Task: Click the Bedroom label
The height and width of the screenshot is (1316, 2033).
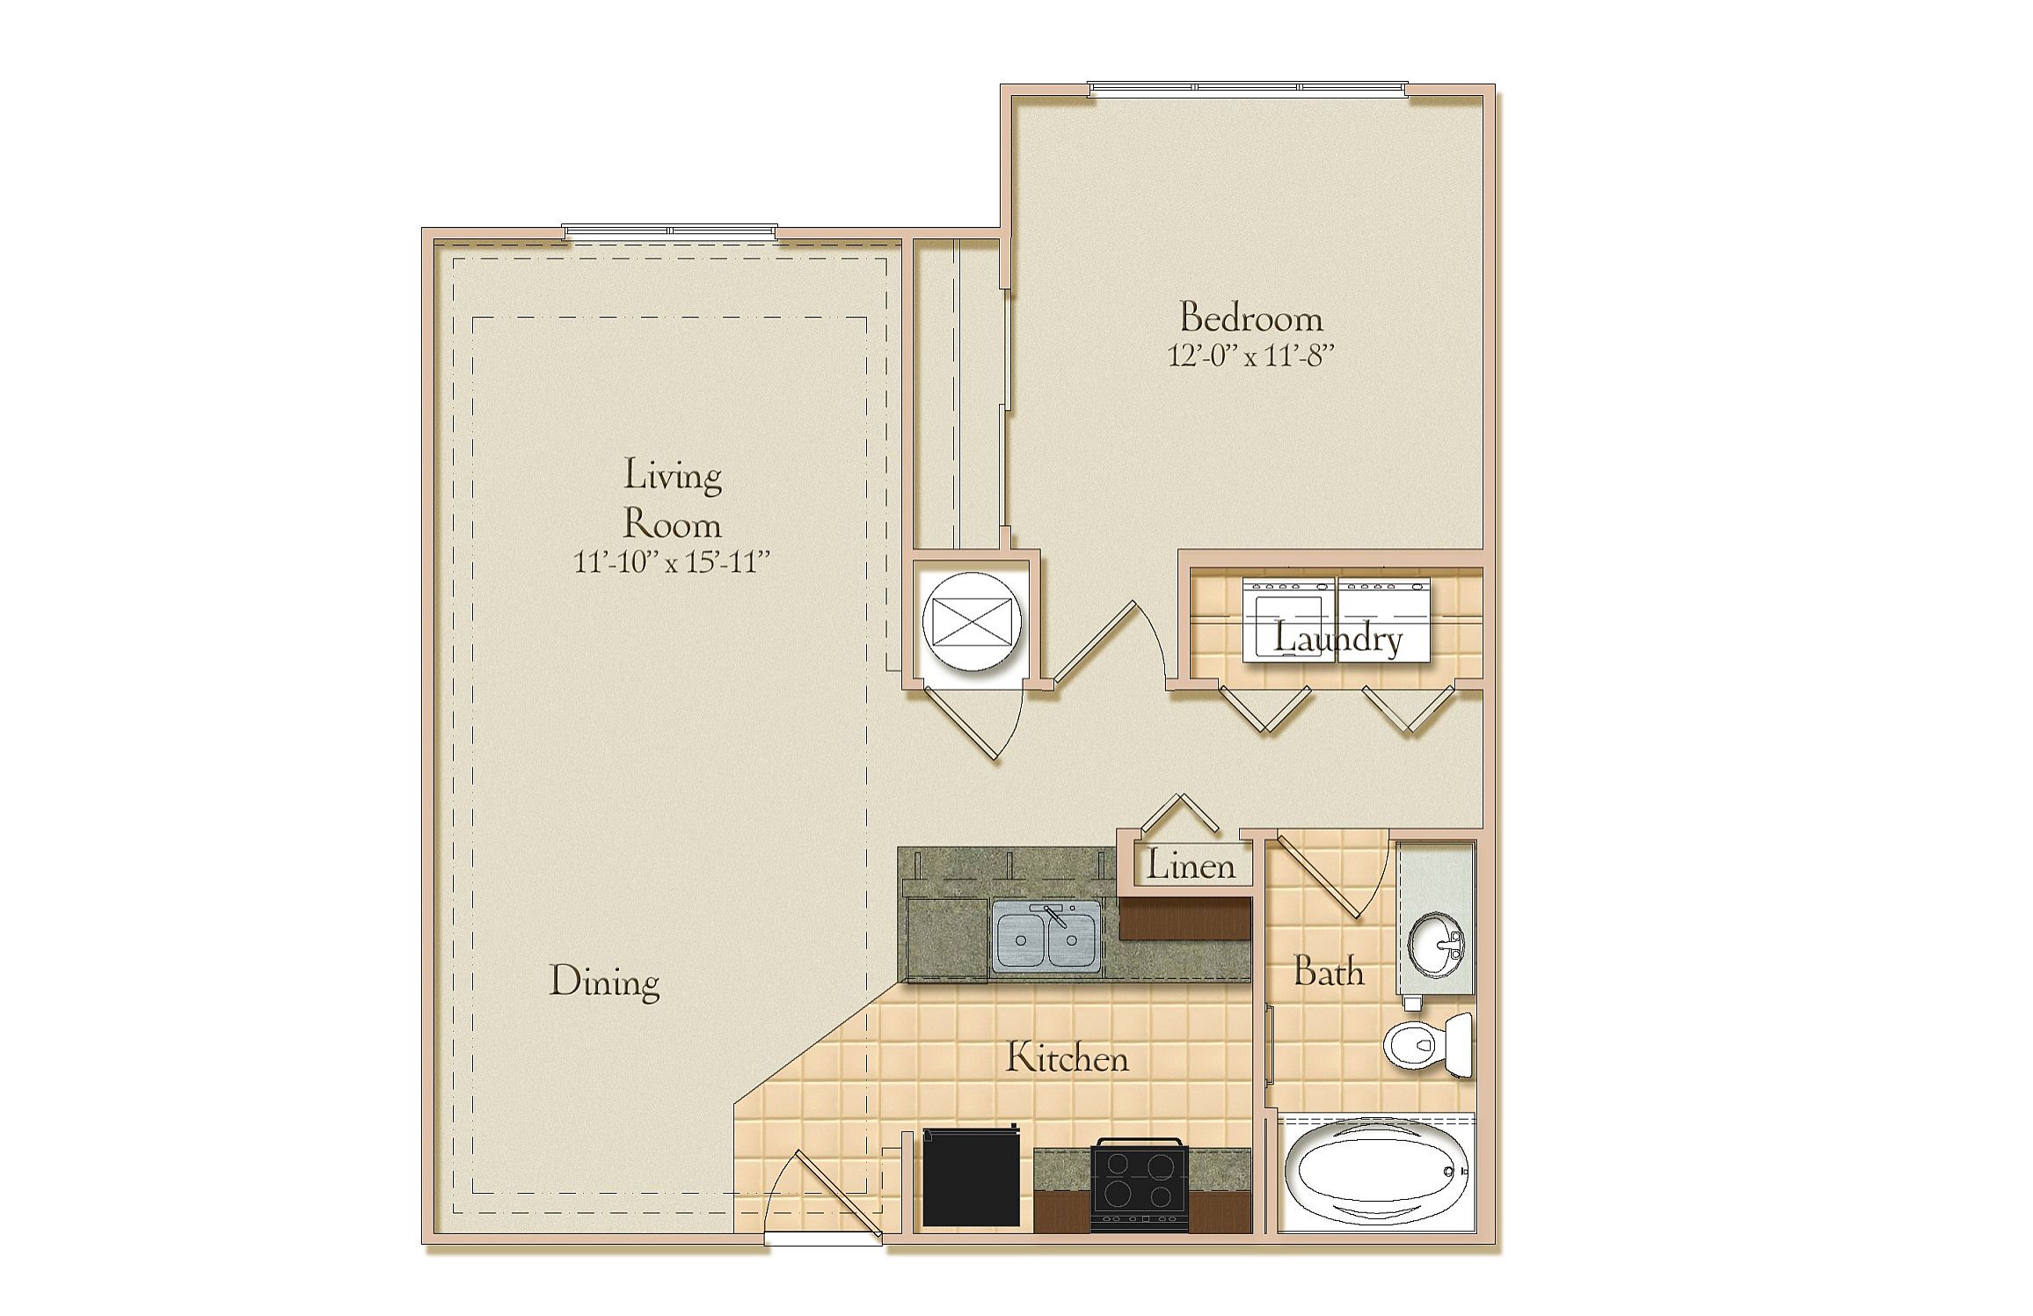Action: click(1250, 318)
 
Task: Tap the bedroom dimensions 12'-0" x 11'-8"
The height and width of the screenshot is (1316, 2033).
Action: click(1250, 355)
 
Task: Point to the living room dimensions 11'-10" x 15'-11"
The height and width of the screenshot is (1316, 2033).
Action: click(673, 561)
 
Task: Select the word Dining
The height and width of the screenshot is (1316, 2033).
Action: click(604, 983)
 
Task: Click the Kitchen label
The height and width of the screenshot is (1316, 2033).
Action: click(1067, 1058)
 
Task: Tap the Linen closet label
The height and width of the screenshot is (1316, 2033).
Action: click(1191, 866)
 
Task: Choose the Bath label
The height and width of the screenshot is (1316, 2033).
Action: click(1329, 973)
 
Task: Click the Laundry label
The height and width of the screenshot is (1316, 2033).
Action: click(1337, 640)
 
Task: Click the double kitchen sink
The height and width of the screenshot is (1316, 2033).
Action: click(1046, 938)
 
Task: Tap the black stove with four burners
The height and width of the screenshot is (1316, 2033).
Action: click(1140, 1184)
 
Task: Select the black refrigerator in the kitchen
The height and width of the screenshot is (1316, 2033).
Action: click(972, 1177)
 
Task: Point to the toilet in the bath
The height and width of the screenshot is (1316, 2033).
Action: click(1428, 1046)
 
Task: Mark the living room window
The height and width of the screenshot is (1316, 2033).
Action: click(670, 231)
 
